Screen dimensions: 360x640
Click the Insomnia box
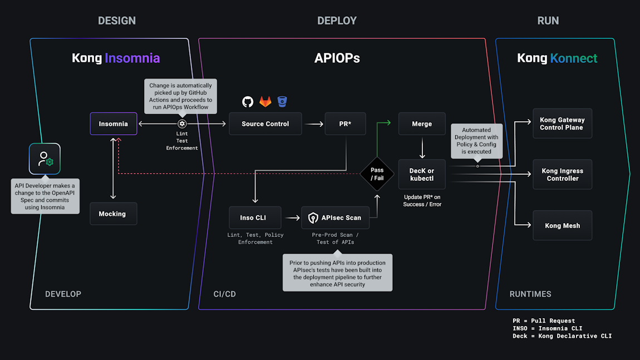[x=114, y=124]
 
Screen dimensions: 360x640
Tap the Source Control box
[x=265, y=124]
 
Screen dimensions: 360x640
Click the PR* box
[x=345, y=124]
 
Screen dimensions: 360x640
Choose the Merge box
[x=422, y=124]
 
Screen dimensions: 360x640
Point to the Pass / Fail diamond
[x=377, y=174]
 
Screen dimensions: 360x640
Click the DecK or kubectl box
[x=422, y=174]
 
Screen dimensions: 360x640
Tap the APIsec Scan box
[x=336, y=218]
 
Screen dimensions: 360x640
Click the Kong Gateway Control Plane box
[x=562, y=124]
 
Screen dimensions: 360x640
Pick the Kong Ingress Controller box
[x=562, y=175]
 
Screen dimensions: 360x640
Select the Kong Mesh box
[x=562, y=225]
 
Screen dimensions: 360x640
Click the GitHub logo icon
[x=248, y=101]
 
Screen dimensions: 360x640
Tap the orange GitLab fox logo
[x=265, y=101]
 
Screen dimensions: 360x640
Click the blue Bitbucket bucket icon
[x=282, y=101]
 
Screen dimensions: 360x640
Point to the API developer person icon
[x=45, y=159]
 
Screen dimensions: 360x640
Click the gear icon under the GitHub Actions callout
[x=182, y=124]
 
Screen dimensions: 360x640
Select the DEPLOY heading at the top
[x=337, y=21]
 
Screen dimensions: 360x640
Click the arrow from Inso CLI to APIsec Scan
[x=291, y=218]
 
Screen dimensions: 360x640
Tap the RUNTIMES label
[x=530, y=294]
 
